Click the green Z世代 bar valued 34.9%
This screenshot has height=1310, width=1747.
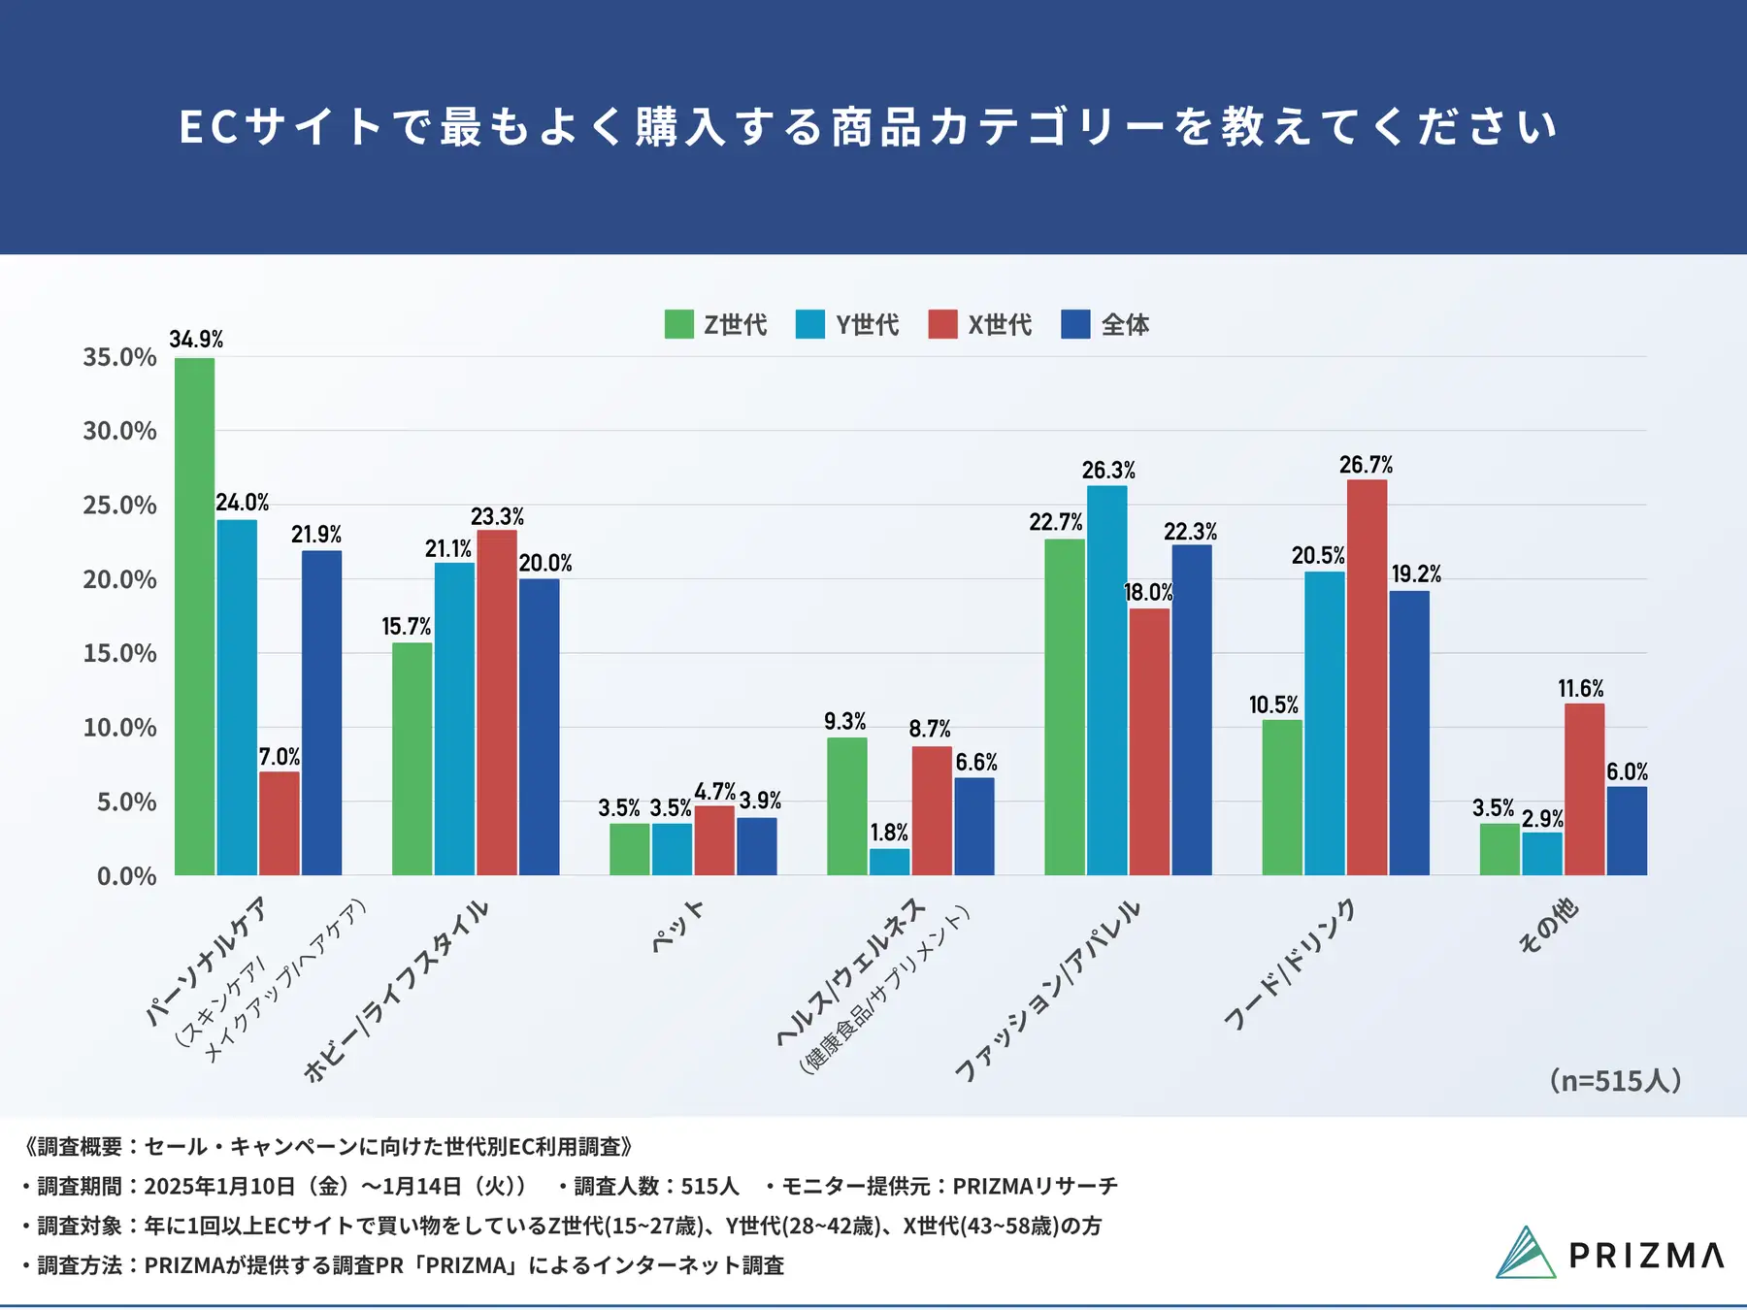pos(195,616)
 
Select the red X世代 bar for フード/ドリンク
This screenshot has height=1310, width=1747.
pos(1367,677)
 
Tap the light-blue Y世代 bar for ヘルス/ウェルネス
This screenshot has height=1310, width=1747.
pos(889,862)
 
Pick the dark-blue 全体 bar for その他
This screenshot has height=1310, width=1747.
pos(1627,831)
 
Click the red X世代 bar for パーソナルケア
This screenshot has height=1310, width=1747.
pos(280,823)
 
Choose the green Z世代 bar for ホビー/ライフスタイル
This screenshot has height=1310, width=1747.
pos(412,759)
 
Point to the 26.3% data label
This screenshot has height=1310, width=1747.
pos(1108,471)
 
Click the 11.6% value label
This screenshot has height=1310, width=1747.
pos(1581,689)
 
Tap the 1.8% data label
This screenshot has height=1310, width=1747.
pos(889,833)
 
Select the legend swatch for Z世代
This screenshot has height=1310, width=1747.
pos(679,324)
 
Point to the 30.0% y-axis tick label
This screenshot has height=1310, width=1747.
pos(119,431)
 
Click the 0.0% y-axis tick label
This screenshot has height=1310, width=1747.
pos(126,876)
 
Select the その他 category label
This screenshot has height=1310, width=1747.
pos(1548,927)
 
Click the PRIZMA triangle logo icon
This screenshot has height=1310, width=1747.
pos(1525,1254)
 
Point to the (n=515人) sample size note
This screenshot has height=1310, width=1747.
pos(1615,1080)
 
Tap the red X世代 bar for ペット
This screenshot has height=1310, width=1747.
pos(714,840)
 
